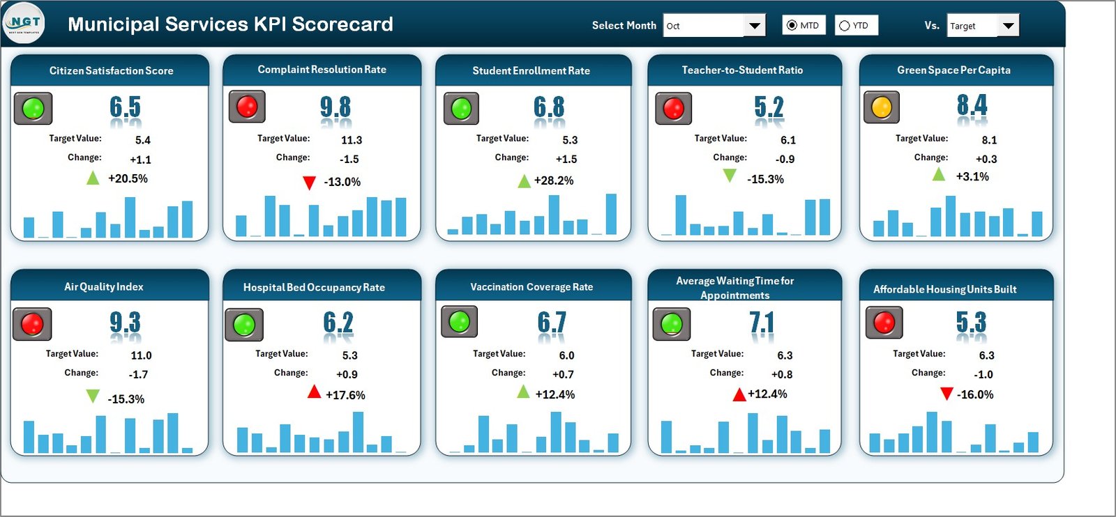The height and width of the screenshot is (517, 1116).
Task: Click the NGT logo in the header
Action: (24, 24)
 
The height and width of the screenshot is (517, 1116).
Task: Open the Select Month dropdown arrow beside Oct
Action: (754, 26)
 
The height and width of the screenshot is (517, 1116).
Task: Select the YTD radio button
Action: (845, 26)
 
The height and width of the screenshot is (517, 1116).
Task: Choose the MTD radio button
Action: (792, 26)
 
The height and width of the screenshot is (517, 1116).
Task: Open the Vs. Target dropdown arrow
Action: (1008, 26)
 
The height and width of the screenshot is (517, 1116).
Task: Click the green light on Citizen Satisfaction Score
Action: (33, 109)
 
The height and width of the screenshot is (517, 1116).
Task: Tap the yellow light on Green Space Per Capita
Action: (882, 107)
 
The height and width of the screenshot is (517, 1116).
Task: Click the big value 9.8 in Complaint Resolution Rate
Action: (335, 107)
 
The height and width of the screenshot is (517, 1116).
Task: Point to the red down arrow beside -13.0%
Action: (309, 183)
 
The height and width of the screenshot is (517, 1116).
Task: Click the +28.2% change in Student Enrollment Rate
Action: (554, 180)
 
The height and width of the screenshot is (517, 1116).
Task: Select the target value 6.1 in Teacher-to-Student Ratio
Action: (788, 140)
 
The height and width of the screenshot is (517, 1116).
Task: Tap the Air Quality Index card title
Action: (104, 287)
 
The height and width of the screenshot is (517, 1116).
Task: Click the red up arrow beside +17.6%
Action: (315, 393)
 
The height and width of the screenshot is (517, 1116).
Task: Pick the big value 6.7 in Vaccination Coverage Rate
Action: (551, 323)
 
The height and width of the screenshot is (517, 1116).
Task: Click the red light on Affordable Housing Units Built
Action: (884, 323)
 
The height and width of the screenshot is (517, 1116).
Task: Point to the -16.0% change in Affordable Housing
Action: (975, 394)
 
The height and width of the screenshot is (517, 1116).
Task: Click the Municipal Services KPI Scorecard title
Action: (230, 24)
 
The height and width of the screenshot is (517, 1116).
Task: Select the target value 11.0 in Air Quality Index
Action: (141, 355)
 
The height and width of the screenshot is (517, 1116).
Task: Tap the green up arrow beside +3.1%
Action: (939, 174)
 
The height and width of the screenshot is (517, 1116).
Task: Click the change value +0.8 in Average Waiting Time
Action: (782, 374)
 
